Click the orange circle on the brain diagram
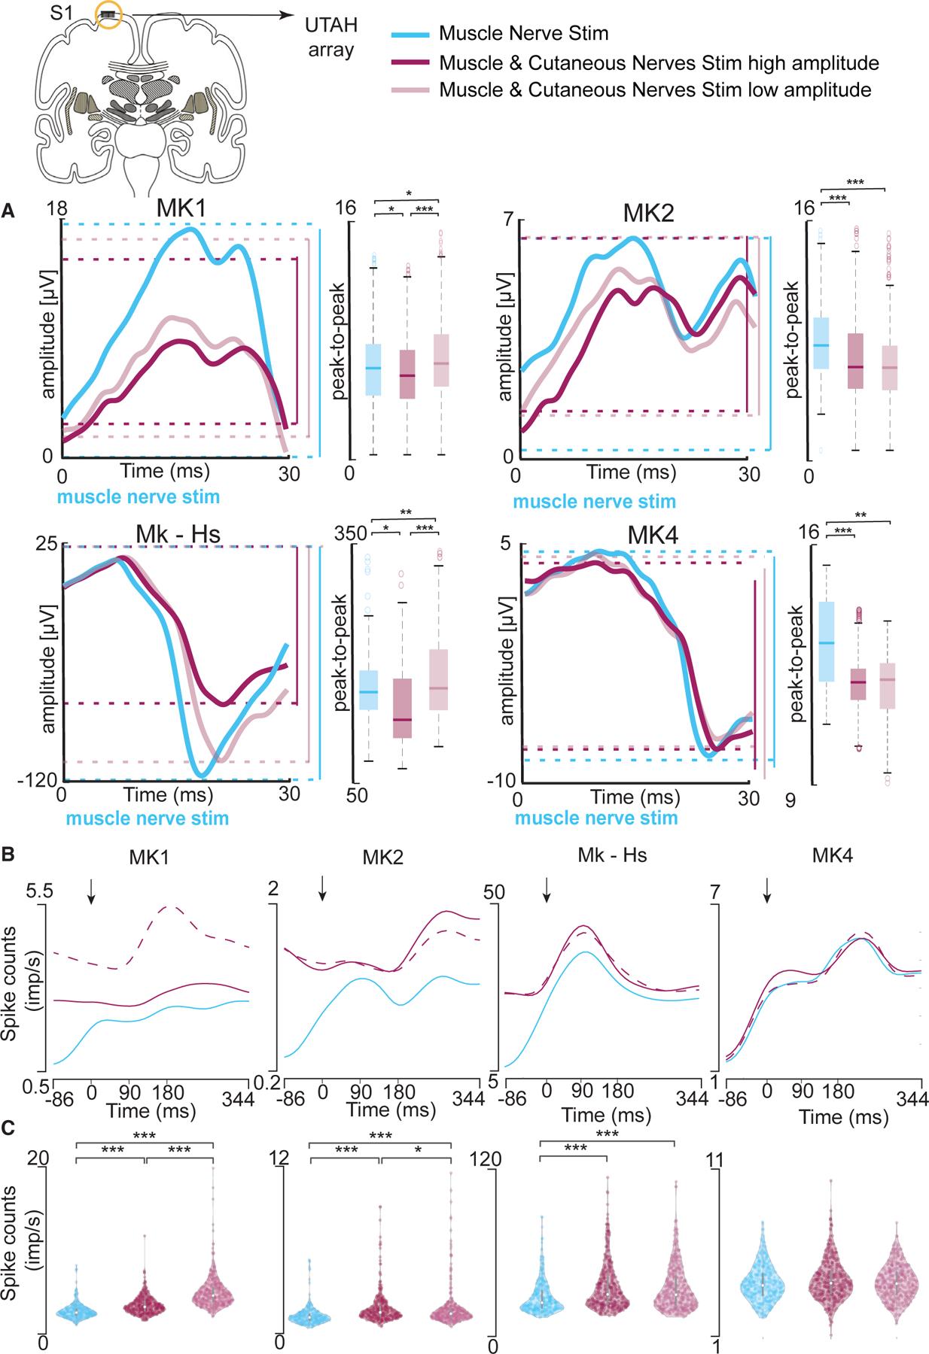pyautogui.click(x=110, y=15)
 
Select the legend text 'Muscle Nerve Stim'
pyautogui.click(x=523, y=33)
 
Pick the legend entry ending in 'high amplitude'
pyautogui.click(x=659, y=62)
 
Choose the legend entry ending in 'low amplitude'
pyautogui.click(x=655, y=90)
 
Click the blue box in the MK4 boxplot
pyautogui.click(x=826, y=641)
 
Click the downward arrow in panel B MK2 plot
pyautogui.click(x=322, y=888)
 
